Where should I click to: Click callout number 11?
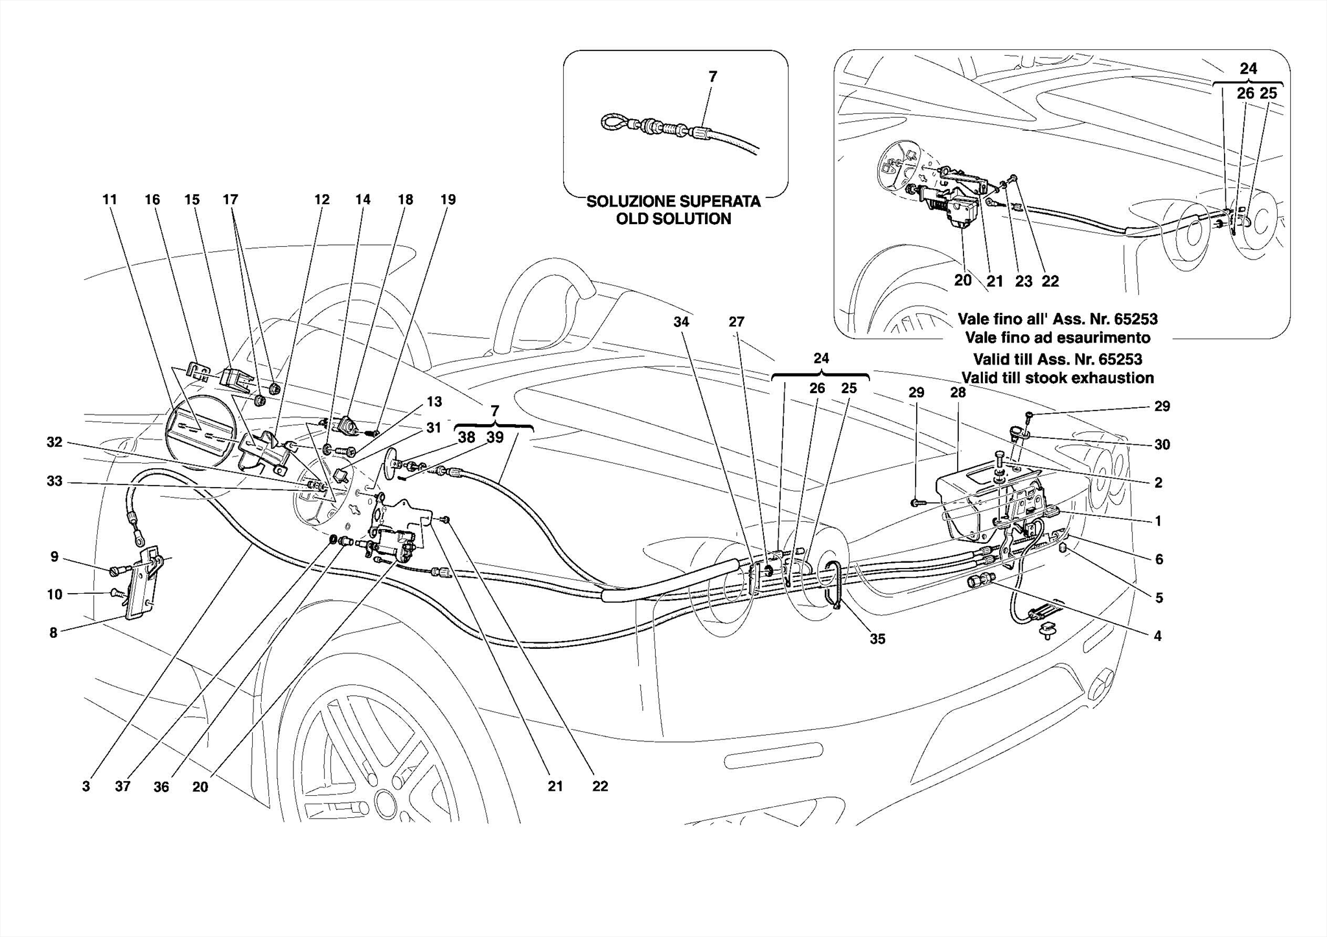click(x=110, y=199)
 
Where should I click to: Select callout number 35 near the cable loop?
click(x=877, y=639)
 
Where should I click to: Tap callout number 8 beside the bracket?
click(x=54, y=633)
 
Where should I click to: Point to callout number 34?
click(x=681, y=322)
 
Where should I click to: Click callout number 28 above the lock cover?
click(x=958, y=392)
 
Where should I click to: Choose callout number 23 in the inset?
click(x=1023, y=281)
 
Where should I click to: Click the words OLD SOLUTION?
click(x=673, y=219)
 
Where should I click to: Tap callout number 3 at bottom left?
click(x=86, y=786)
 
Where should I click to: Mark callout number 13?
click(x=433, y=401)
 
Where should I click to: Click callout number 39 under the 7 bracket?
click(x=494, y=437)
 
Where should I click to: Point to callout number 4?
click(x=1158, y=636)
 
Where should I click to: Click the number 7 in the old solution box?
click(x=713, y=76)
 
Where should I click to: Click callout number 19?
click(x=448, y=199)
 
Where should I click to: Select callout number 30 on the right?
click(x=1162, y=444)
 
